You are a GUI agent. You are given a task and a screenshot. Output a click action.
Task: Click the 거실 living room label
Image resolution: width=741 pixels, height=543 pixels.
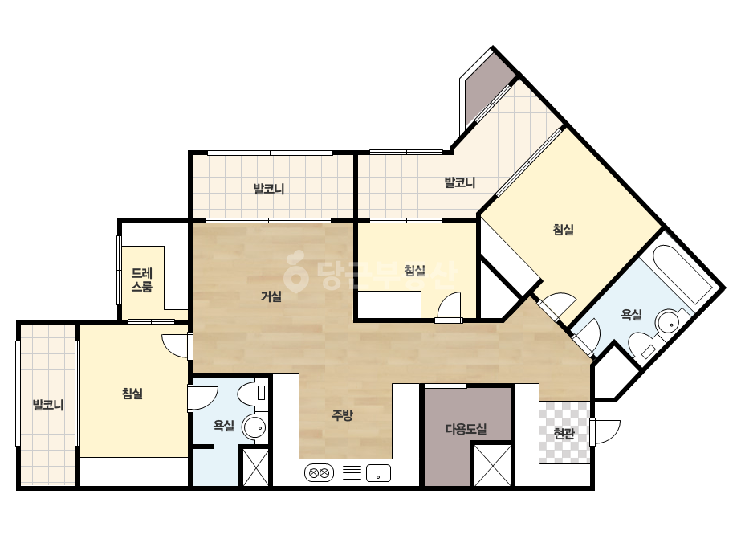[x=271, y=296]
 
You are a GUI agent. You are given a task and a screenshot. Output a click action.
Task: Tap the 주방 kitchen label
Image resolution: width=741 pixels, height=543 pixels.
[x=342, y=415]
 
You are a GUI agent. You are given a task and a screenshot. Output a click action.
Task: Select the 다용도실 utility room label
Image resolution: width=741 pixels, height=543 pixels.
[x=466, y=429]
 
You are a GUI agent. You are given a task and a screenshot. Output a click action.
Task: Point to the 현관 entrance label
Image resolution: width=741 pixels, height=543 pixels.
[x=564, y=433]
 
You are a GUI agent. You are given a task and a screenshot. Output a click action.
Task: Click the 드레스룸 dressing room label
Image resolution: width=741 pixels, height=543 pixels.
[x=142, y=280]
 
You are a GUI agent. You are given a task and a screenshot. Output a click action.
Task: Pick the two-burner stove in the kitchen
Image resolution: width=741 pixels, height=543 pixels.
[x=319, y=472]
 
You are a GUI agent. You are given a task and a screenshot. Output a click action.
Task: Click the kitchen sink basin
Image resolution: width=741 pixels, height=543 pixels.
[x=379, y=472]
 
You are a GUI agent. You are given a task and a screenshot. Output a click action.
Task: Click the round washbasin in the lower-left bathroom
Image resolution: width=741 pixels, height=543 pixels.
[x=254, y=427]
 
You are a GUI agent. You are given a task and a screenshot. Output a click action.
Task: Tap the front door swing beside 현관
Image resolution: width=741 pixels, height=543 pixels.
[x=605, y=431]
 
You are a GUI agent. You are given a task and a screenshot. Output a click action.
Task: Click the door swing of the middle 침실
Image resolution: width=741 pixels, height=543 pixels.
[x=449, y=308]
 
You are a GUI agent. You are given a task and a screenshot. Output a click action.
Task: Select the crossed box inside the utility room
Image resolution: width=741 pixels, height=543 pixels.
[x=492, y=465]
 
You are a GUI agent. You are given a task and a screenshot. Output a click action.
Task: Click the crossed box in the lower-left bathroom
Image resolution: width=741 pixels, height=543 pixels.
[x=255, y=467]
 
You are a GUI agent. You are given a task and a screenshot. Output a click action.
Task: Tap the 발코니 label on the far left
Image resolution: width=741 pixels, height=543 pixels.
[x=47, y=405]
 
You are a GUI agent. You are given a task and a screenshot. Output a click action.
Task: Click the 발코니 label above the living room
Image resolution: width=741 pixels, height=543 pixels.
[x=269, y=190]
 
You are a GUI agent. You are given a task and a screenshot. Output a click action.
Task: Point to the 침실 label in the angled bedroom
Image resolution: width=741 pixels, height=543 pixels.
[x=564, y=230]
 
